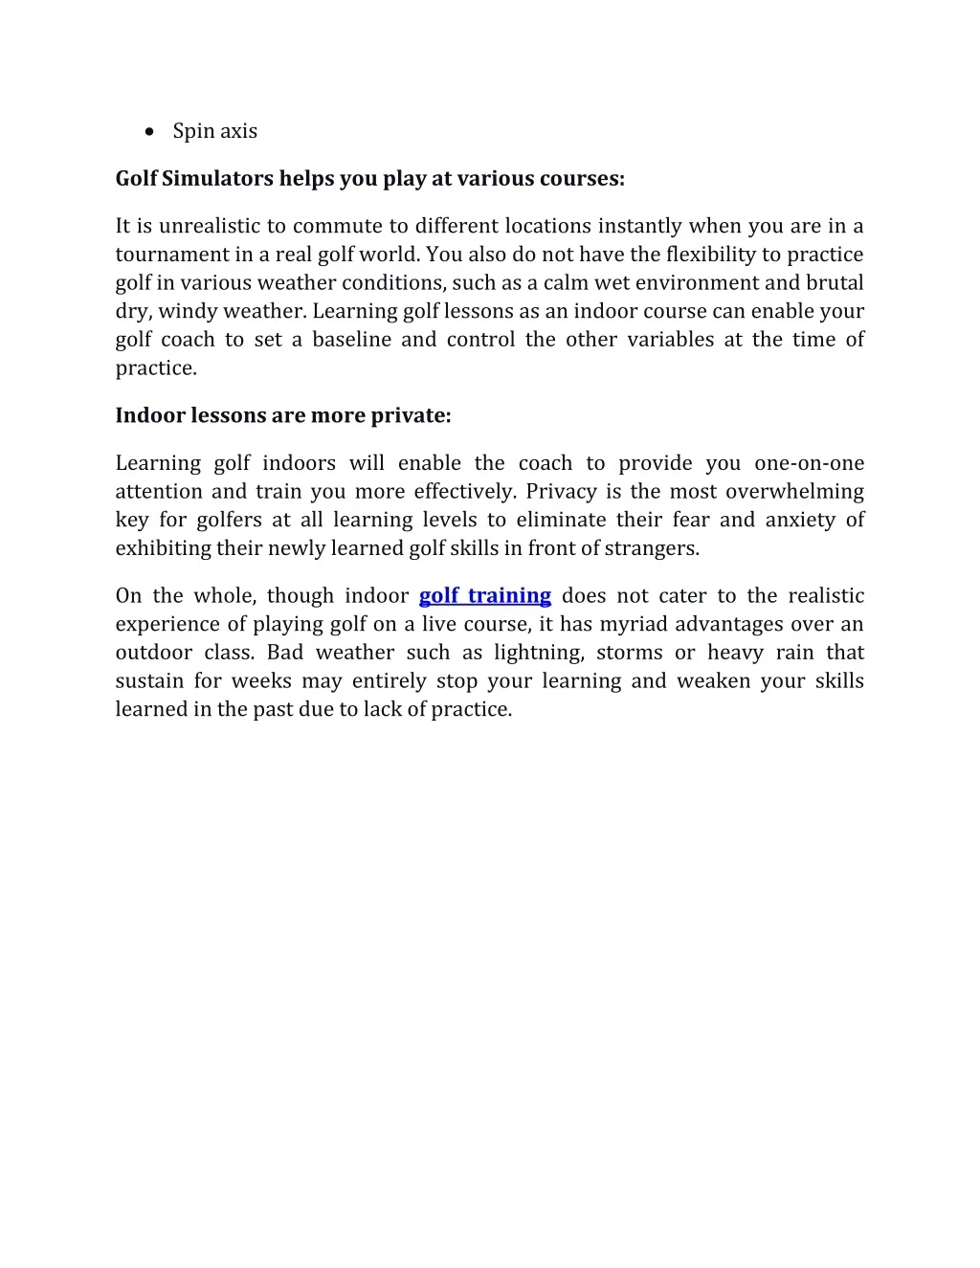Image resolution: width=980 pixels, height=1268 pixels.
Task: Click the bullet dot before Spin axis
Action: point(149,131)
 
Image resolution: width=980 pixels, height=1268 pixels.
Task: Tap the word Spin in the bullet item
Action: point(190,131)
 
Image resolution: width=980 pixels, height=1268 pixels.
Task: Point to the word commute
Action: point(330,226)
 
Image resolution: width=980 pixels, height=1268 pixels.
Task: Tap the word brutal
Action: point(835,282)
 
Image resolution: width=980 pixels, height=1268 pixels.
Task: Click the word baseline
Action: point(351,340)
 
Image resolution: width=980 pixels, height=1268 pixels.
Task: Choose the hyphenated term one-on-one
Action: point(809,463)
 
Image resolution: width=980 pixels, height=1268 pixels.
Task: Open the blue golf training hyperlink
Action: point(485,595)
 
